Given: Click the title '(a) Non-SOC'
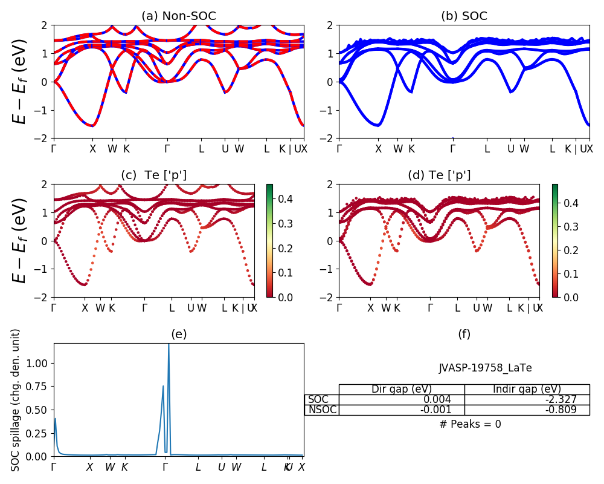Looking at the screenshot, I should coord(178,16).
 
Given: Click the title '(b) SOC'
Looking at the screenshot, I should coord(464,16).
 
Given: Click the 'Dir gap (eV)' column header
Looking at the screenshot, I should coord(402,389).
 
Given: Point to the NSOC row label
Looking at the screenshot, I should coord(322,410).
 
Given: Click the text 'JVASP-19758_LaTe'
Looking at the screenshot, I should coord(485,368).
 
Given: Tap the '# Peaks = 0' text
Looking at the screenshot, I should coord(471,424).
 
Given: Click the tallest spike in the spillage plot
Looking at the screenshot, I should coord(169,346).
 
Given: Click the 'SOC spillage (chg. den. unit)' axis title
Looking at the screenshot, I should coord(16,400).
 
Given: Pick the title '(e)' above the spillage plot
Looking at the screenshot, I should coord(178,335).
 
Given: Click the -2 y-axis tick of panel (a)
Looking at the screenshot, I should coord(44,139).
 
